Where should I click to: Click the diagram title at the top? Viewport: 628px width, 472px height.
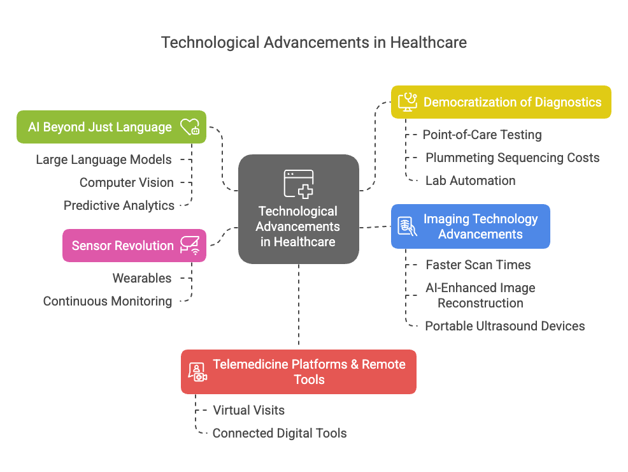pos(313,43)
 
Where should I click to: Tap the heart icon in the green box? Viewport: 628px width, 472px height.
pos(189,127)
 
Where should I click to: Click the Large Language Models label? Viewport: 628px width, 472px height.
pos(103,159)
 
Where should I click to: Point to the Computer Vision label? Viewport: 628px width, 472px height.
pos(126,182)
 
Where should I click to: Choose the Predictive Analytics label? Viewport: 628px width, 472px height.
pos(118,205)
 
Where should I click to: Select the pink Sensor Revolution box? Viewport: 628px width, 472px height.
pos(134,246)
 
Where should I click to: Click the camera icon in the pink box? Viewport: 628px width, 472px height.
pos(190,246)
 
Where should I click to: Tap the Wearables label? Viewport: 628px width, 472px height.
pos(142,278)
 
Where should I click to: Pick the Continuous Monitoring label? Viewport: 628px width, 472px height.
pos(108,301)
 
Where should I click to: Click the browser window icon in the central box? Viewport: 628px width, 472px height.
pos(298,184)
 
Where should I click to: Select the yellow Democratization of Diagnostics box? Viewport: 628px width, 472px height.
pos(501,102)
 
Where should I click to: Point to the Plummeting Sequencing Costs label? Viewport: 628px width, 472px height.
pos(512,158)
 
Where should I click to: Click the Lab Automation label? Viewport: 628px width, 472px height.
pos(470,181)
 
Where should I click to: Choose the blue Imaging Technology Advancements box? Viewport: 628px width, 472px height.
pos(470,226)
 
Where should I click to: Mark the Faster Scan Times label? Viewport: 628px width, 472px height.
pos(478,265)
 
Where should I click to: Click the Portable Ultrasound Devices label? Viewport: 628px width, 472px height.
pos(504,326)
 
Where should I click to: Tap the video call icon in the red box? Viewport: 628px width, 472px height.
pos(197,372)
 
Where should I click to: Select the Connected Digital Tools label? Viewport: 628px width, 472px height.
pos(279,433)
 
